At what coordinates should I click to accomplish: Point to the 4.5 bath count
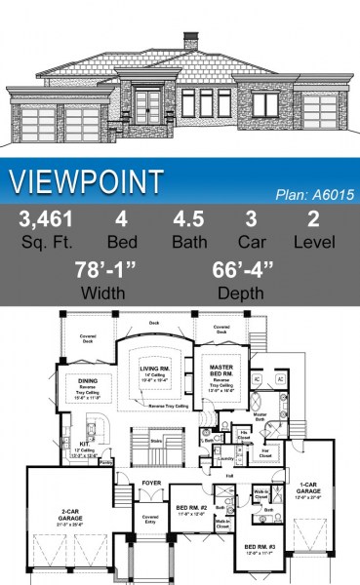tap(189, 219)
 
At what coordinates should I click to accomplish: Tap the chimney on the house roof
tap(192, 42)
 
